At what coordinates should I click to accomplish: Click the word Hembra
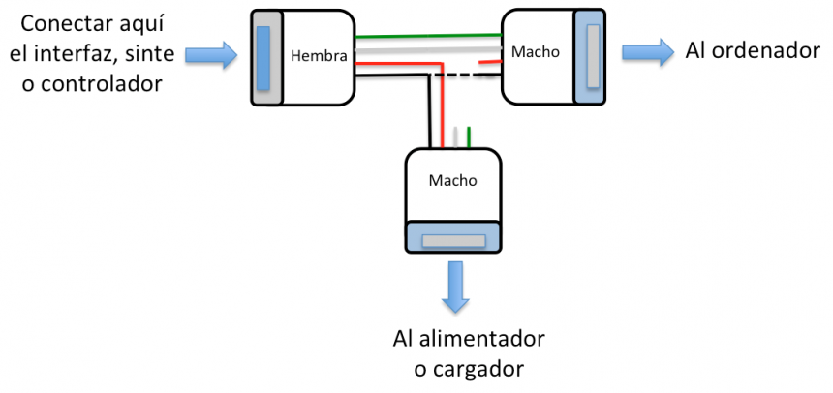pos(319,57)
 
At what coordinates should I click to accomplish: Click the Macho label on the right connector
pos(536,51)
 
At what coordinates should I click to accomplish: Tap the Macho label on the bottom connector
pos(451,180)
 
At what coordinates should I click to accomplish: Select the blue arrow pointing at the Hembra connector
pos(214,54)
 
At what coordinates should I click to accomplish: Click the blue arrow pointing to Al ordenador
pos(647,52)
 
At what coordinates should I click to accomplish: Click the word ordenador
pos(764,51)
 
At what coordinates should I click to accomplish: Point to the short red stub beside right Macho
pos(490,63)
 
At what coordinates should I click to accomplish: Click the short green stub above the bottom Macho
pos(469,136)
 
